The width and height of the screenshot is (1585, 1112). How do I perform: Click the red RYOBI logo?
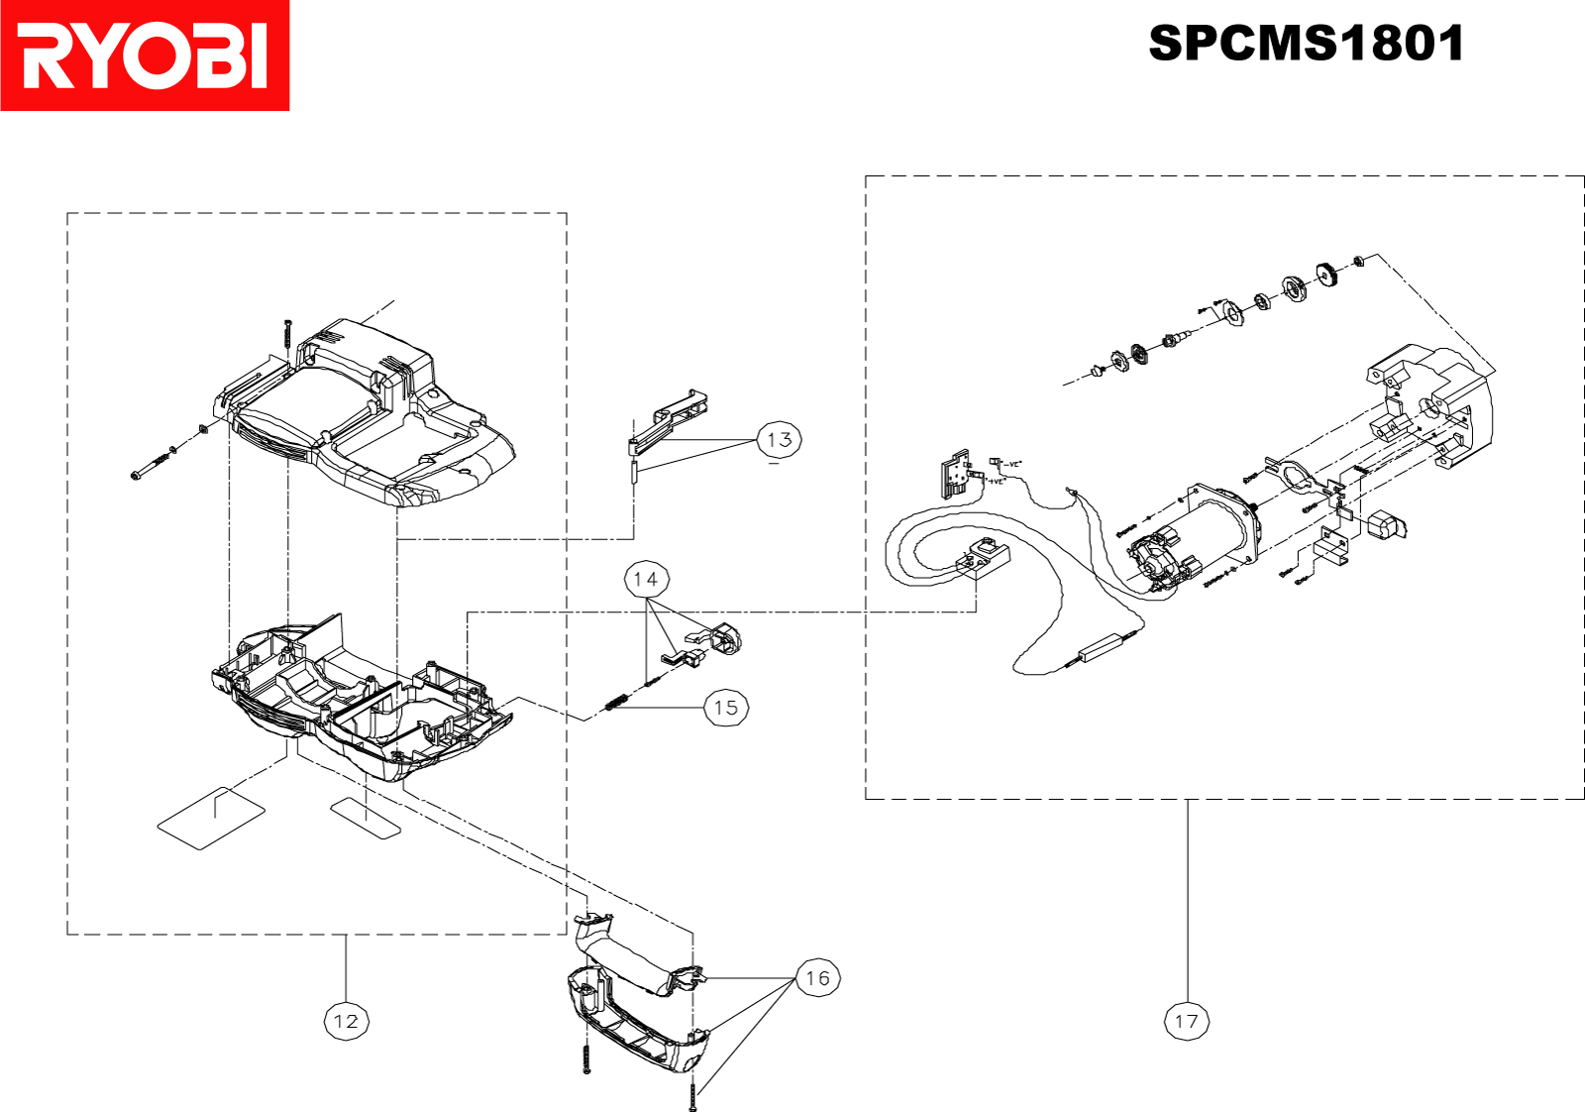click(145, 56)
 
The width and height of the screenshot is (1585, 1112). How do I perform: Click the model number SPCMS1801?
click(1306, 44)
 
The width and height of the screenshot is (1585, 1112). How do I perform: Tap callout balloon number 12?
click(347, 1021)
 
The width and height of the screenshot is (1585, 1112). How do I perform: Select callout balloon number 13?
click(779, 439)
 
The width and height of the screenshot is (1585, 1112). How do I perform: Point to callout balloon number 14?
click(646, 579)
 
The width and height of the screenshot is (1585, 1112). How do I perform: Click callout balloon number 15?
click(726, 708)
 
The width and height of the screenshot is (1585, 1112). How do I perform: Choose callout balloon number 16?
click(817, 978)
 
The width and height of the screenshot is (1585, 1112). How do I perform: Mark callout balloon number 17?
click(1187, 1021)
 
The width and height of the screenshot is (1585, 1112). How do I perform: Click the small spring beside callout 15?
click(617, 702)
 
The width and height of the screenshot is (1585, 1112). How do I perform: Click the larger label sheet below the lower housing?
click(211, 818)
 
